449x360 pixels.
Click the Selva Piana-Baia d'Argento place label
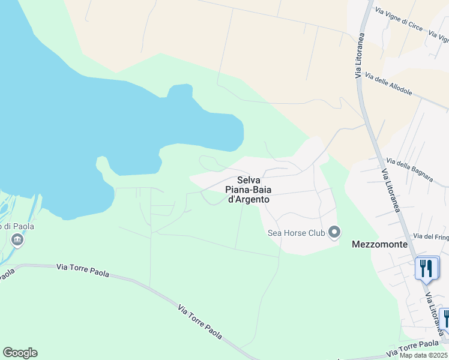coord(247,190)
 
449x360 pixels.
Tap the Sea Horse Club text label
coord(296,233)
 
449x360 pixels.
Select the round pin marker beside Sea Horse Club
coord(335,232)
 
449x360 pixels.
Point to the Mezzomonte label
coord(379,245)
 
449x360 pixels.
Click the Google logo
coord(20,353)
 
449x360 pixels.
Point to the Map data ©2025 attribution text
coord(424,355)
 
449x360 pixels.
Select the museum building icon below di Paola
coord(17,241)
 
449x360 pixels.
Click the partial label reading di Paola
coord(18,226)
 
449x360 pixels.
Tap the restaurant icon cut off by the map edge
coord(445,317)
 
